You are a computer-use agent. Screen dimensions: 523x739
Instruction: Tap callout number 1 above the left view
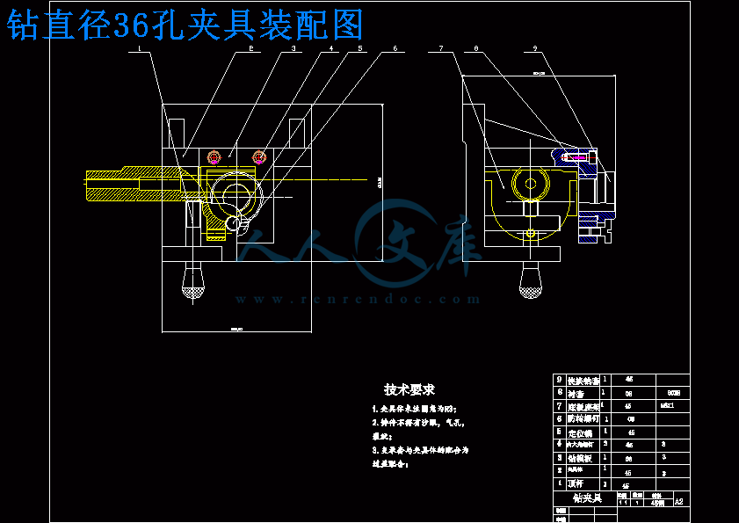pyautogui.click(x=140, y=49)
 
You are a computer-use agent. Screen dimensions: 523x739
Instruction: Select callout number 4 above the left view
pyautogui.click(x=332, y=49)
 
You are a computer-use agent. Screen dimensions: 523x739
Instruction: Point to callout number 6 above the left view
pyautogui.click(x=395, y=48)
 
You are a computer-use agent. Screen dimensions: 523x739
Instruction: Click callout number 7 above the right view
pyautogui.click(x=441, y=48)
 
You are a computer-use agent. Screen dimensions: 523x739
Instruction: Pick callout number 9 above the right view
pyautogui.click(x=535, y=48)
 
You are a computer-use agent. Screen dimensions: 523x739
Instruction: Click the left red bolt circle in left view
pyautogui.click(x=214, y=157)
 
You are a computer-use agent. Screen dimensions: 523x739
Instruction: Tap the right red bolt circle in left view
pyautogui.click(x=259, y=157)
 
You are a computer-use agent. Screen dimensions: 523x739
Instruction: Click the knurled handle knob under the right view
pyautogui.click(x=530, y=280)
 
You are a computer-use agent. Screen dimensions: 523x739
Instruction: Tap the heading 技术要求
pyautogui.click(x=409, y=389)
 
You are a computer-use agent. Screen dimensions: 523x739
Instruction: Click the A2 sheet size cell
pyautogui.click(x=678, y=501)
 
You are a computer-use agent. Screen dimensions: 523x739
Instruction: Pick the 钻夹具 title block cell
pyautogui.click(x=586, y=498)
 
